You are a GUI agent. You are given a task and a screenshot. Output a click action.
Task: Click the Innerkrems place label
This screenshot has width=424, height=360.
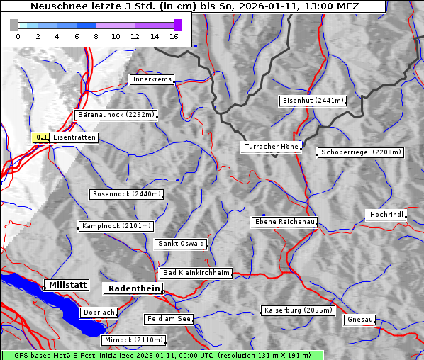tap(152, 79)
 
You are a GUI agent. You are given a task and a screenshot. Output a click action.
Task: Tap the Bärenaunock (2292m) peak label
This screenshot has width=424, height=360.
tap(116, 114)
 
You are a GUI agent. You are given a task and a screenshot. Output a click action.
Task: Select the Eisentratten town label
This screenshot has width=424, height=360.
tap(74, 137)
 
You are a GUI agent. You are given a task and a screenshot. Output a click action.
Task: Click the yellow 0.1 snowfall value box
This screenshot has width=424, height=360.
tap(42, 137)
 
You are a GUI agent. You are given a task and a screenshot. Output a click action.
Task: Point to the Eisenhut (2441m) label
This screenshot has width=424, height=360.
tap(313, 101)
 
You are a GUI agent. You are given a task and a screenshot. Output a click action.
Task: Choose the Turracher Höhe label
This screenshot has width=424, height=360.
tap(272, 147)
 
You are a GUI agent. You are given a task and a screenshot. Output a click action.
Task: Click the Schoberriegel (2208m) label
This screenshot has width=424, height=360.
tap(361, 152)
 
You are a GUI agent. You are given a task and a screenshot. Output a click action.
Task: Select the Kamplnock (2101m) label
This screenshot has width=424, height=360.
tap(116, 226)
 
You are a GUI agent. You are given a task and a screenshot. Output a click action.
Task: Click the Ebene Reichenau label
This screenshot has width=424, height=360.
tap(284, 222)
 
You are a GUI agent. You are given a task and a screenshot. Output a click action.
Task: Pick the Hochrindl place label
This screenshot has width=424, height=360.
tap(387, 215)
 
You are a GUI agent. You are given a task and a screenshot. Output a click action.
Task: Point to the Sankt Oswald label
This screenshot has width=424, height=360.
tap(181, 244)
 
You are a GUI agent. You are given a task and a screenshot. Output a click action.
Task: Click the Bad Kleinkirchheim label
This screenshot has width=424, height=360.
tap(196, 273)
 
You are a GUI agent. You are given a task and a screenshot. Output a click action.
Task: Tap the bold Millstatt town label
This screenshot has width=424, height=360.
tap(67, 285)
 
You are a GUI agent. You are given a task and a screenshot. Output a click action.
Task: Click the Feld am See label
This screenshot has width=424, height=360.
tap(169, 319)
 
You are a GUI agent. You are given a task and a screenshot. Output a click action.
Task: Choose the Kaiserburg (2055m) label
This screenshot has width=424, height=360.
tap(298, 310)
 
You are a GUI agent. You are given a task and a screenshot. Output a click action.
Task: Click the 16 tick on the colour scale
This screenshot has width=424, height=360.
tap(174, 36)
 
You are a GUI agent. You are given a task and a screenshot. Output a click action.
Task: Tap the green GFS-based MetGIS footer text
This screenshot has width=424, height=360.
tap(162, 355)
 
